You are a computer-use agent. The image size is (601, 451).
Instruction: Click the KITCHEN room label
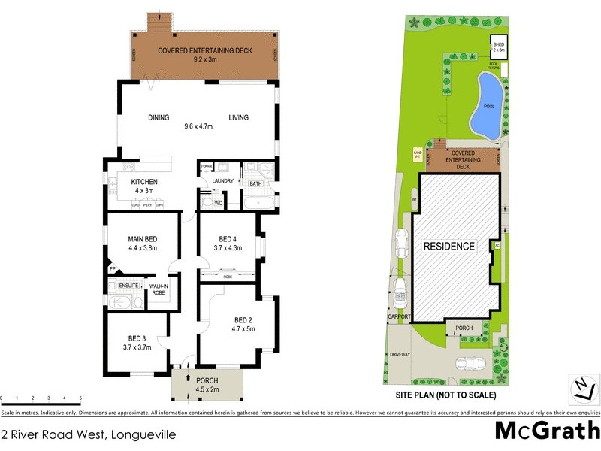(x=143, y=183)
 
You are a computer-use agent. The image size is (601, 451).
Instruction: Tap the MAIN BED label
(x=142, y=239)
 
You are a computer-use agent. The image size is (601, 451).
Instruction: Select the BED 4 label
(x=228, y=239)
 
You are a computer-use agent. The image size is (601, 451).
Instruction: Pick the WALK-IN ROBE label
(x=159, y=289)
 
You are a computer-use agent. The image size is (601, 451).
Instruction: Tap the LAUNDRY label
(x=223, y=181)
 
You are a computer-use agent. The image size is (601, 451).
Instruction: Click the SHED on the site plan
(x=499, y=47)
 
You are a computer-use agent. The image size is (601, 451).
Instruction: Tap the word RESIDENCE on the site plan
(x=449, y=246)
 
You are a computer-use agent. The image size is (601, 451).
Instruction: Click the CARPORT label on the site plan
(x=399, y=317)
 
